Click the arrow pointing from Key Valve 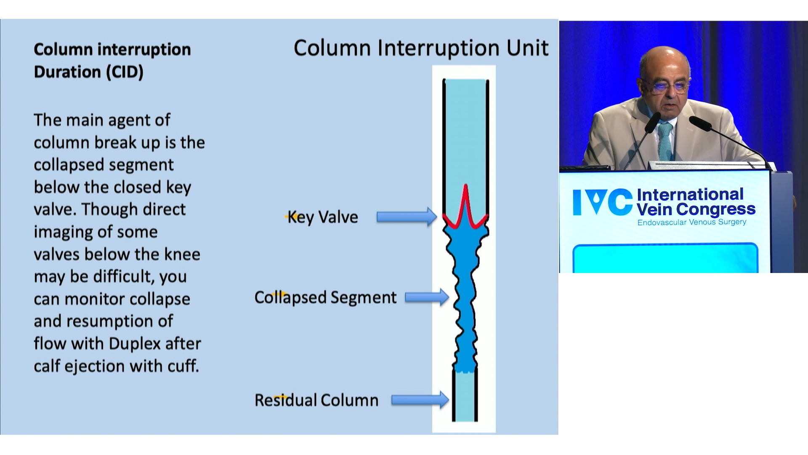coord(407,217)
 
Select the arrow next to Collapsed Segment coord(427,297)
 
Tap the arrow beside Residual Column coord(420,400)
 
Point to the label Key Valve coord(323,217)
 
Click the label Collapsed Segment coord(325,298)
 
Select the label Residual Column coord(316,400)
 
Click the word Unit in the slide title coord(527,48)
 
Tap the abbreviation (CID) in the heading coord(124,72)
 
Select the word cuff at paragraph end coord(183,366)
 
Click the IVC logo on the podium coord(603,202)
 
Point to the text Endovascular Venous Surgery coord(692,222)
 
